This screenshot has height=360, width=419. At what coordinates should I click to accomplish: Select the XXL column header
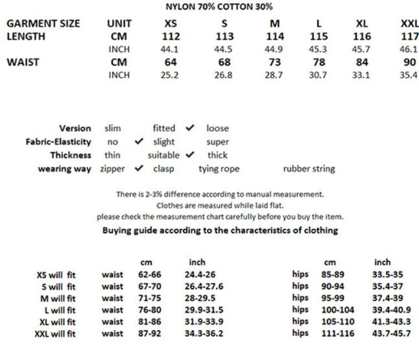409,23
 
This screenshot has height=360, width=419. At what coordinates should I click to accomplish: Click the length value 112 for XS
171,36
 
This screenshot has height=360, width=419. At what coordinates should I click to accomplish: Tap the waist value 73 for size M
275,62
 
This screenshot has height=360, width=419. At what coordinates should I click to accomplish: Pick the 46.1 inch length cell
409,49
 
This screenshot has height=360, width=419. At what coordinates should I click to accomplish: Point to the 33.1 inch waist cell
362,75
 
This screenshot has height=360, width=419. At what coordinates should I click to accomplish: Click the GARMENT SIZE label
43,23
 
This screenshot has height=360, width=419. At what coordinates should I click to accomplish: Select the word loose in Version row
217,128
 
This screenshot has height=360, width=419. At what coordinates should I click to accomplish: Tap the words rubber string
309,169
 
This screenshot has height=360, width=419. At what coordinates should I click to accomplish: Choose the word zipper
113,169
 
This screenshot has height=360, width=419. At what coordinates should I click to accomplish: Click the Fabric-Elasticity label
58,142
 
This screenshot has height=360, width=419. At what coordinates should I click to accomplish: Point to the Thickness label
71,155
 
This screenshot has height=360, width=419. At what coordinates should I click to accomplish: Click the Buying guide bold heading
220,230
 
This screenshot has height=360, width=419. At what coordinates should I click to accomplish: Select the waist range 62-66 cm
150,274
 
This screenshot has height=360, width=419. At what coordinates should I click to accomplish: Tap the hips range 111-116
337,333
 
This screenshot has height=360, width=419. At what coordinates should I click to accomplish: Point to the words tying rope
219,169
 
